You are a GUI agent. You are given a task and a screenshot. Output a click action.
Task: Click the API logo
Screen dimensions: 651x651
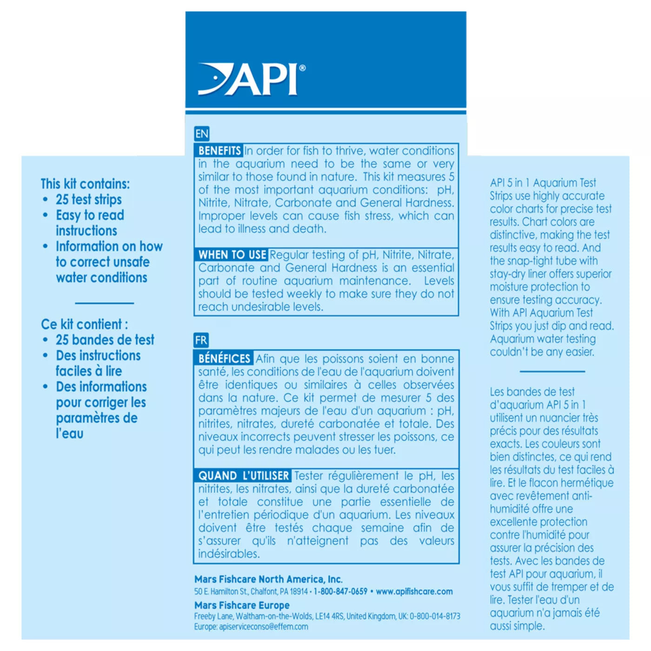(251, 80)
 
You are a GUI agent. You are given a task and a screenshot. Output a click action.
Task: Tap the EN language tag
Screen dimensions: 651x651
(202, 134)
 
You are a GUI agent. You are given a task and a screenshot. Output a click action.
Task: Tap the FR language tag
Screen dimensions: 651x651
(201, 340)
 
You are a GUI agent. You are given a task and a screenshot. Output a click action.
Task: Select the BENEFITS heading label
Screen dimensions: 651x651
(219, 151)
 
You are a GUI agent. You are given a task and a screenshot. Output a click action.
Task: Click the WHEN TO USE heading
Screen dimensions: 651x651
(232, 255)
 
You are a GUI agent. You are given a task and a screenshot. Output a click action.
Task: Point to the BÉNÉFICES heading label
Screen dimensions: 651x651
(224, 359)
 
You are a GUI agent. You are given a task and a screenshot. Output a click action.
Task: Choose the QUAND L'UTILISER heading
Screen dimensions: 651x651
(243, 476)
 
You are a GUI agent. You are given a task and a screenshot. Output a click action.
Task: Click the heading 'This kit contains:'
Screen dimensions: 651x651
(85, 184)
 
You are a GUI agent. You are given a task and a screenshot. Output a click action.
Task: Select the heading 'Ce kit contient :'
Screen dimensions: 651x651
(84, 324)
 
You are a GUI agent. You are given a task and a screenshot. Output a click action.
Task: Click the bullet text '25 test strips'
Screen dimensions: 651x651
(89, 199)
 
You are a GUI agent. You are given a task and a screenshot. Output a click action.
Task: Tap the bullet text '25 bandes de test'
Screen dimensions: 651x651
(105, 340)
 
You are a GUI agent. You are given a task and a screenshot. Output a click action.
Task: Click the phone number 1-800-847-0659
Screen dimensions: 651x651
(340, 591)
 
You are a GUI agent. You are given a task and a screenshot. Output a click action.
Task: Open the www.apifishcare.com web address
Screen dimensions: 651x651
(414, 591)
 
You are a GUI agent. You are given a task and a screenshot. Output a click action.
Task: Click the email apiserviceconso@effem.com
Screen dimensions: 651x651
(263, 627)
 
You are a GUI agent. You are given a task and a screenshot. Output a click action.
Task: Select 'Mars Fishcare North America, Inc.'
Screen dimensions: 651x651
(268, 579)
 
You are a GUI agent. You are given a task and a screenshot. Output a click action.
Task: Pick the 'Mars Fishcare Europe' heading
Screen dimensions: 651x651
(242, 605)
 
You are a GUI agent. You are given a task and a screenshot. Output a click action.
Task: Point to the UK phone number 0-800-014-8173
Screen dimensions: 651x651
(435, 616)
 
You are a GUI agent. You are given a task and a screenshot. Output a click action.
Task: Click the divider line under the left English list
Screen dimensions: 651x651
(105, 303)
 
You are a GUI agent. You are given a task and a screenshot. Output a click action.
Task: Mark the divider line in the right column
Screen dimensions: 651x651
(552, 372)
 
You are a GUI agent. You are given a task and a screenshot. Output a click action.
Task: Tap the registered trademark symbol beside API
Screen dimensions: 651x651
(303, 68)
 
